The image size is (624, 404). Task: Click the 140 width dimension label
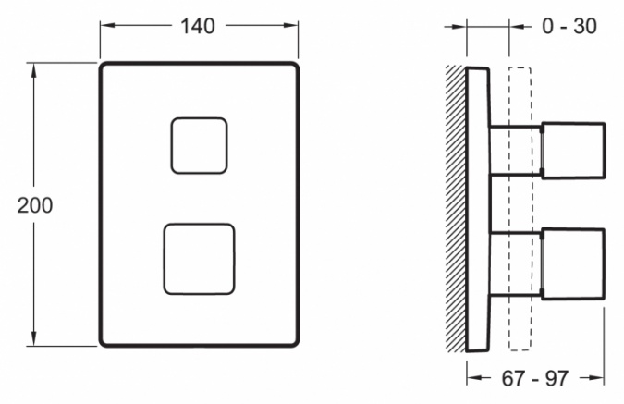pyautogui.click(x=198, y=26)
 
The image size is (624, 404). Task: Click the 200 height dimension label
pyautogui.click(x=34, y=205)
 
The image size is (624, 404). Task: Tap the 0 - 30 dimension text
pyautogui.click(x=569, y=26)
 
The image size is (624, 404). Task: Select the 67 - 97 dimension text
pyautogui.click(x=534, y=378)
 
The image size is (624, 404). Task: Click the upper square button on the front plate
pyautogui.click(x=199, y=146)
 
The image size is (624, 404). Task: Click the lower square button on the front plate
pyautogui.click(x=199, y=259)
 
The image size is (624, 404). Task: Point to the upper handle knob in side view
pyautogui.click(x=573, y=151)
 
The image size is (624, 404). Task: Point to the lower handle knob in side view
pyautogui.click(x=573, y=263)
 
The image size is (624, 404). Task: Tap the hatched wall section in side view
pyautogui.click(x=456, y=209)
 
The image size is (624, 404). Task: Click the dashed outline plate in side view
pyautogui.click(x=520, y=209)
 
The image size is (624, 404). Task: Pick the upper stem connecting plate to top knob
pyautogui.click(x=515, y=151)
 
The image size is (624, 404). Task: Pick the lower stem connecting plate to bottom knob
pyautogui.click(x=515, y=263)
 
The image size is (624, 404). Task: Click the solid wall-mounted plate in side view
pyautogui.click(x=478, y=209)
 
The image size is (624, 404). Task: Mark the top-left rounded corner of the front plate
pyautogui.click(x=103, y=66)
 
